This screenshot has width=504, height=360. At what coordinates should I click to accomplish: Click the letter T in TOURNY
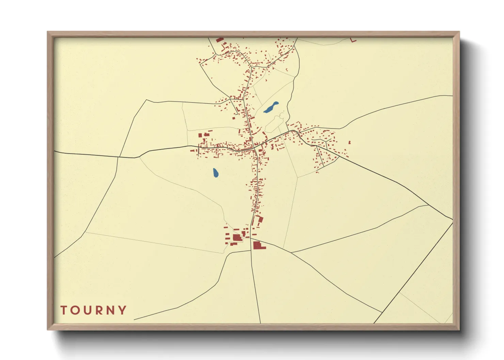(64, 310)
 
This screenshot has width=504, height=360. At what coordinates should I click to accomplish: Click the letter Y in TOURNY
(122, 310)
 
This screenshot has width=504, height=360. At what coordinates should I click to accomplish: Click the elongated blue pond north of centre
(271, 108)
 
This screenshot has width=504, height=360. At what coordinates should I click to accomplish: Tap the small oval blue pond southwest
(216, 173)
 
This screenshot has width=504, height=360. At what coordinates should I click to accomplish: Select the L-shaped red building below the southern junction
(258, 245)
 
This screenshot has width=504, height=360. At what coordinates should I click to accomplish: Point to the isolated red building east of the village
(349, 142)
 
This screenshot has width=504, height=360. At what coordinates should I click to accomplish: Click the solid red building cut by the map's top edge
(220, 40)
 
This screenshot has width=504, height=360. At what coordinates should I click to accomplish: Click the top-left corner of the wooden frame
(48, 32)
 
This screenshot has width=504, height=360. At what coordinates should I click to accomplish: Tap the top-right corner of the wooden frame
(459, 32)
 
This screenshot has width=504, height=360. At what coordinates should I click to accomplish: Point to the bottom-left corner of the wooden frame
(48, 329)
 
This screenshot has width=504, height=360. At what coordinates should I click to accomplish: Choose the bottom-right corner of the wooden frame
(459, 329)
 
